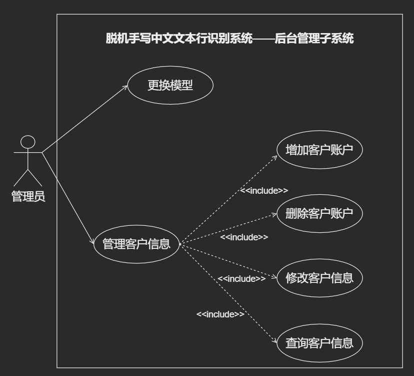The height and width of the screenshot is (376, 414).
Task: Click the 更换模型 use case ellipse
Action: (170, 86)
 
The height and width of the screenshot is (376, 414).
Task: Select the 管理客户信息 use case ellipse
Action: (136, 244)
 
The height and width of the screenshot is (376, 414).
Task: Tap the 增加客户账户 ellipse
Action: (319, 150)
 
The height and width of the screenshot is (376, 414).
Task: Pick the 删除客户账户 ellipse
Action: (319, 213)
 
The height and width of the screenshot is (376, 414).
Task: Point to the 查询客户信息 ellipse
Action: (319, 343)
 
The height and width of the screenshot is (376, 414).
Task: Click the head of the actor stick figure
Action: (28, 142)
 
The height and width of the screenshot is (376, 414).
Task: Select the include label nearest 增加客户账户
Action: (263, 190)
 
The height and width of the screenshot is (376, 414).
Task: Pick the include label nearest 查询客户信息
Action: (220, 314)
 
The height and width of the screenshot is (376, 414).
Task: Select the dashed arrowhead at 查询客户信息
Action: (275, 341)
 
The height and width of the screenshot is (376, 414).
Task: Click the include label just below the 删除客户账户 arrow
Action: (244, 237)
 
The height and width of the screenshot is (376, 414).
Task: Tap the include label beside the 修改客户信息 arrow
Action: (241, 278)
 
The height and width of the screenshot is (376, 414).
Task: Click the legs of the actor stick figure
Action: (28, 177)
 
